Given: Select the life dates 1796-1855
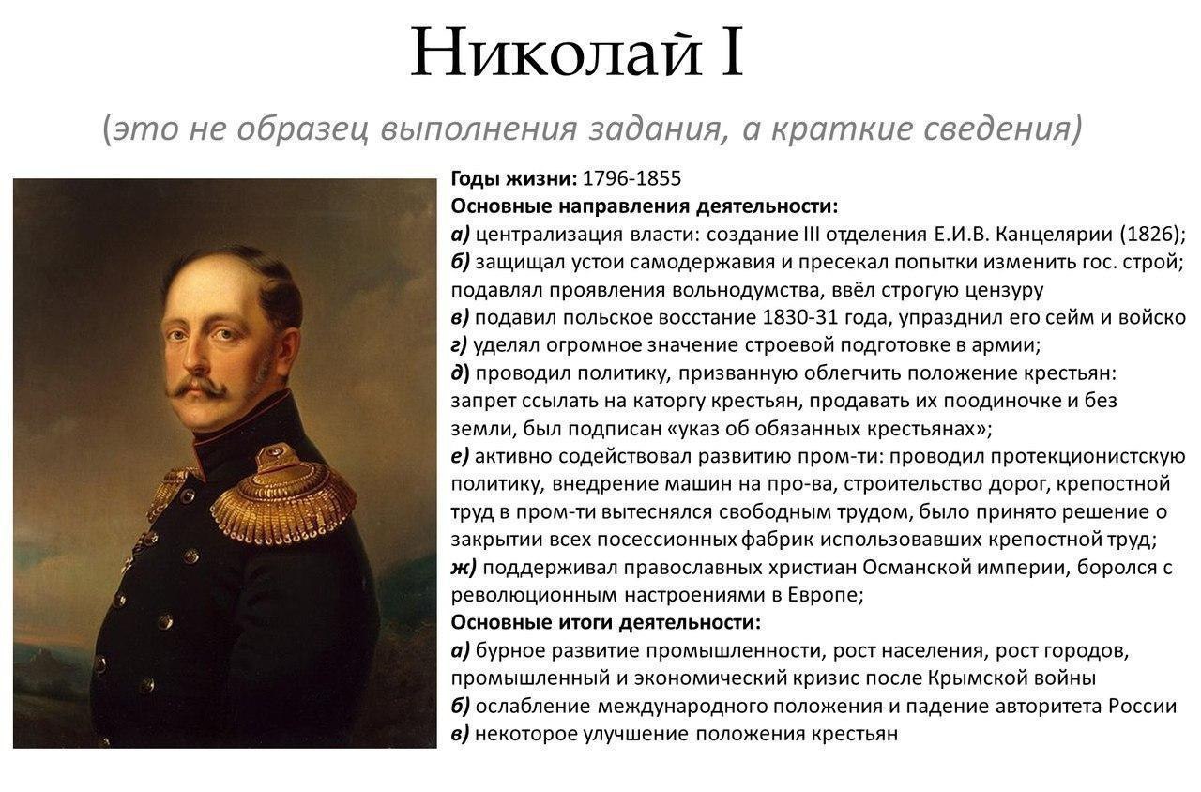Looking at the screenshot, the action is click(x=631, y=178).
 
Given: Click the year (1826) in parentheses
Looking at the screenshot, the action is click(x=1153, y=235).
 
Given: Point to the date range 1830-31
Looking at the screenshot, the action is click(x=799, y=318).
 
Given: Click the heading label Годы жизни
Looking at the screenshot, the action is click(x=514, y=179).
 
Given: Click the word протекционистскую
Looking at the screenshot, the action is click(x=1087, y=456).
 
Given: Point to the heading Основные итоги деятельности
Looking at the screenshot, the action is click(x=606, y=623).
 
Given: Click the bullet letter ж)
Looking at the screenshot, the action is click(x=464, y=568).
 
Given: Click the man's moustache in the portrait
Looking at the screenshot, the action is click(x=197, y=387).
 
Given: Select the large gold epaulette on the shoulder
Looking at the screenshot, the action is click(x=284, y=498).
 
